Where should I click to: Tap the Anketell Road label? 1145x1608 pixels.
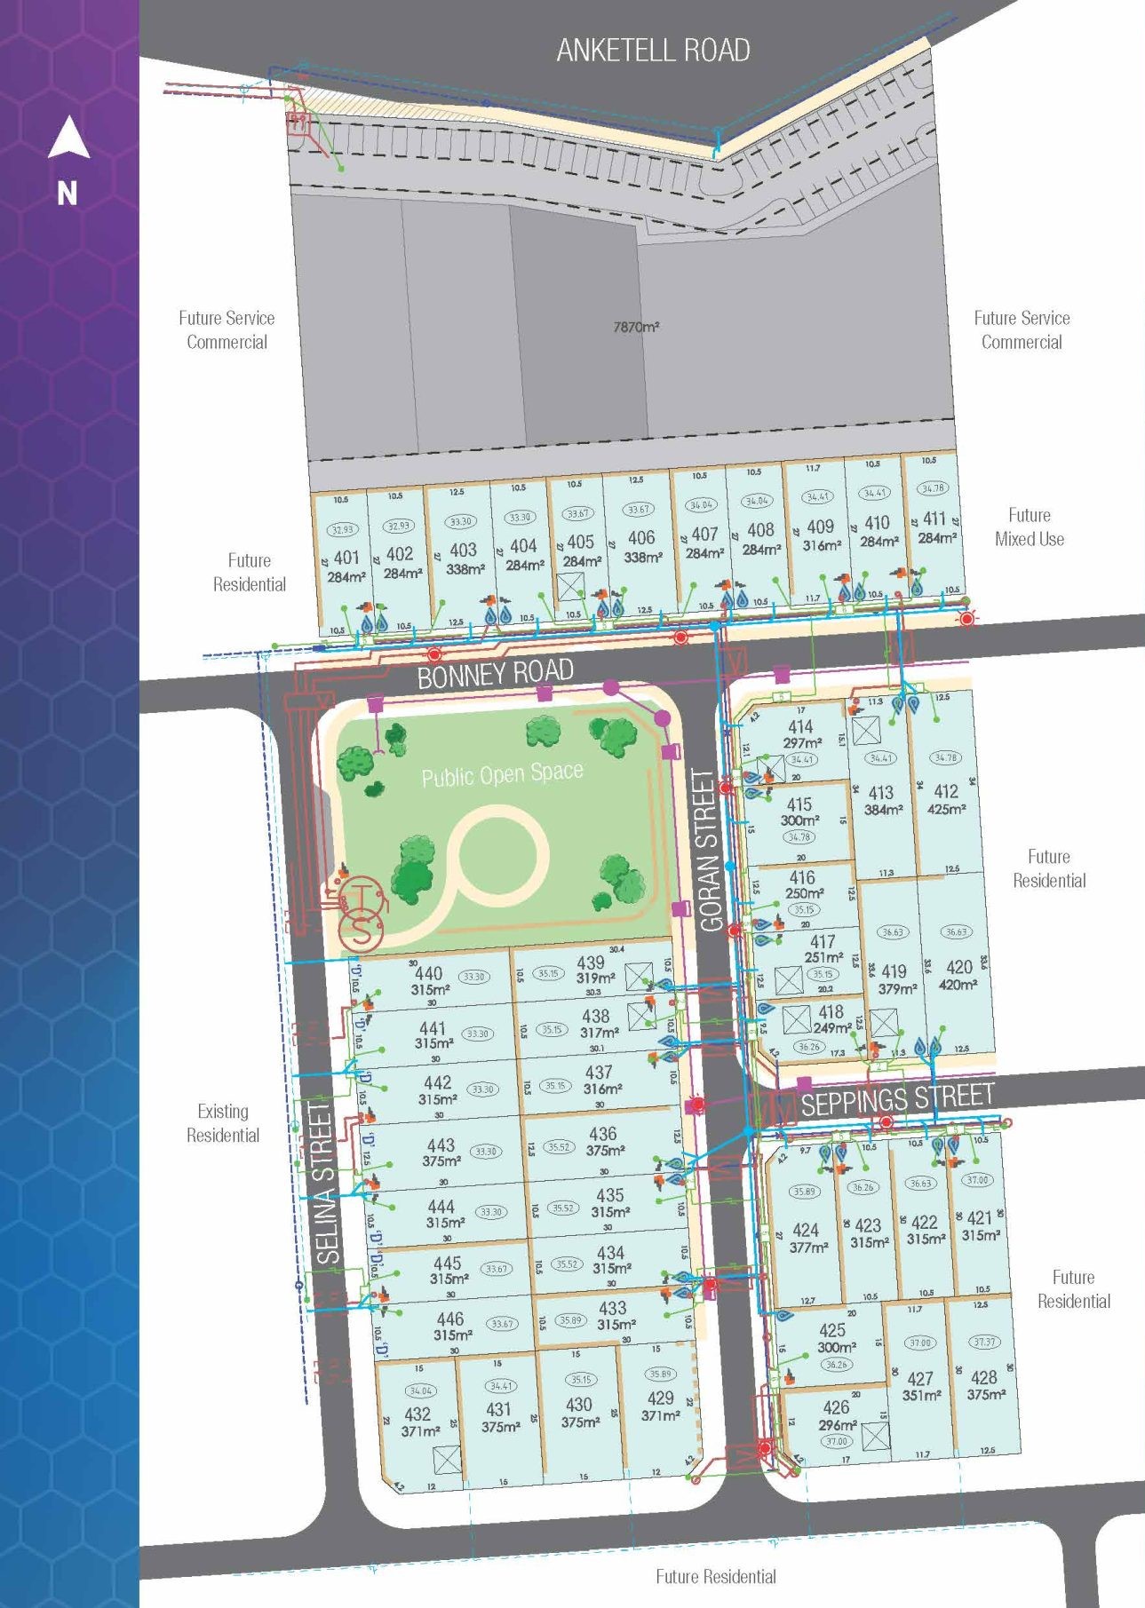click(653, 51)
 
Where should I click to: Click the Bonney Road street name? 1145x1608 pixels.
click(495, 674)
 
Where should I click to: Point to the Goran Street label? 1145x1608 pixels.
click(708, 850)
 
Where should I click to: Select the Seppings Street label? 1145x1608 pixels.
click(896, 1099)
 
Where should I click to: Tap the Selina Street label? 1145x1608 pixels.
click(327, 1182)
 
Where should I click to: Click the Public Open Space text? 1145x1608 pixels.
click(502, 774)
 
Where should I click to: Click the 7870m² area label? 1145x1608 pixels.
click(636, 327)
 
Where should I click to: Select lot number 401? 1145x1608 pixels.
click(346, 558)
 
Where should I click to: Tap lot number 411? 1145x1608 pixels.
click(934, 519)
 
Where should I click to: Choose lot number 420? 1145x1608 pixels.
click(958, 967)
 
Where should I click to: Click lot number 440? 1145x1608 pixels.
click(428, 973)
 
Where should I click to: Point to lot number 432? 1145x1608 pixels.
click(417, 1414)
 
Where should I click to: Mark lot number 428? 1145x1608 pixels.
click(983, 1377)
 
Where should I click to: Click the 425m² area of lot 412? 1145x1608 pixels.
click(947, 809)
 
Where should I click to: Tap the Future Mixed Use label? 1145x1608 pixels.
click(1029, 527)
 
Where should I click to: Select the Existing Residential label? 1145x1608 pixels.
click(223, 1122)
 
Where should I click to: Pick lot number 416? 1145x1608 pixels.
click(801, 877)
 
